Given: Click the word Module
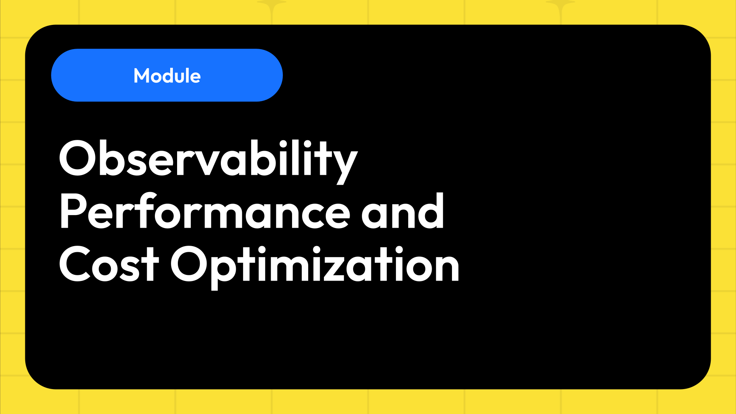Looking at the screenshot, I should (x=167, y=76).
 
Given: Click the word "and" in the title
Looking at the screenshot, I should (x=402, y=212).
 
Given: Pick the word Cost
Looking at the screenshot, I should (x=108, y=265).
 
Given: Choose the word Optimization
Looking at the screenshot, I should (x=315, y=265).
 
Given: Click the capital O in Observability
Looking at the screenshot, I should (x=78, y=158).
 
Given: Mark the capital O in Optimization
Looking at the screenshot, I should (x=189, y=264).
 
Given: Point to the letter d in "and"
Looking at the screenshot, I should (x=432, y=212).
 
